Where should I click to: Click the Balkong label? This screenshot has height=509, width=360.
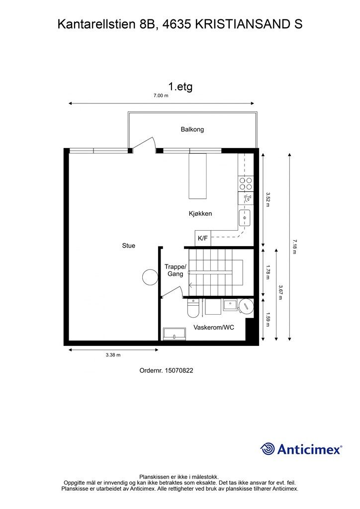192,129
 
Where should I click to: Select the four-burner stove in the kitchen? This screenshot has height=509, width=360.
246,184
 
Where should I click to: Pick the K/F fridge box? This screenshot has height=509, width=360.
203,239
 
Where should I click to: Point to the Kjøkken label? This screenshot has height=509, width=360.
200,214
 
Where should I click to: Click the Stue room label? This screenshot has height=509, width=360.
129,246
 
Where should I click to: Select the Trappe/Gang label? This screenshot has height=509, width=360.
175,270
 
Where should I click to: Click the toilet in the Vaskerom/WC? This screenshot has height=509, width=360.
192,309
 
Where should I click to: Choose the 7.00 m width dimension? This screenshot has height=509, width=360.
161,96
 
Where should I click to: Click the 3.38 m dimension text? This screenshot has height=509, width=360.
113,355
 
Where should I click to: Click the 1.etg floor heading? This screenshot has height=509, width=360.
180,86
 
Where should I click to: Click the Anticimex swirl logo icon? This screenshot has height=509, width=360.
268,449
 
